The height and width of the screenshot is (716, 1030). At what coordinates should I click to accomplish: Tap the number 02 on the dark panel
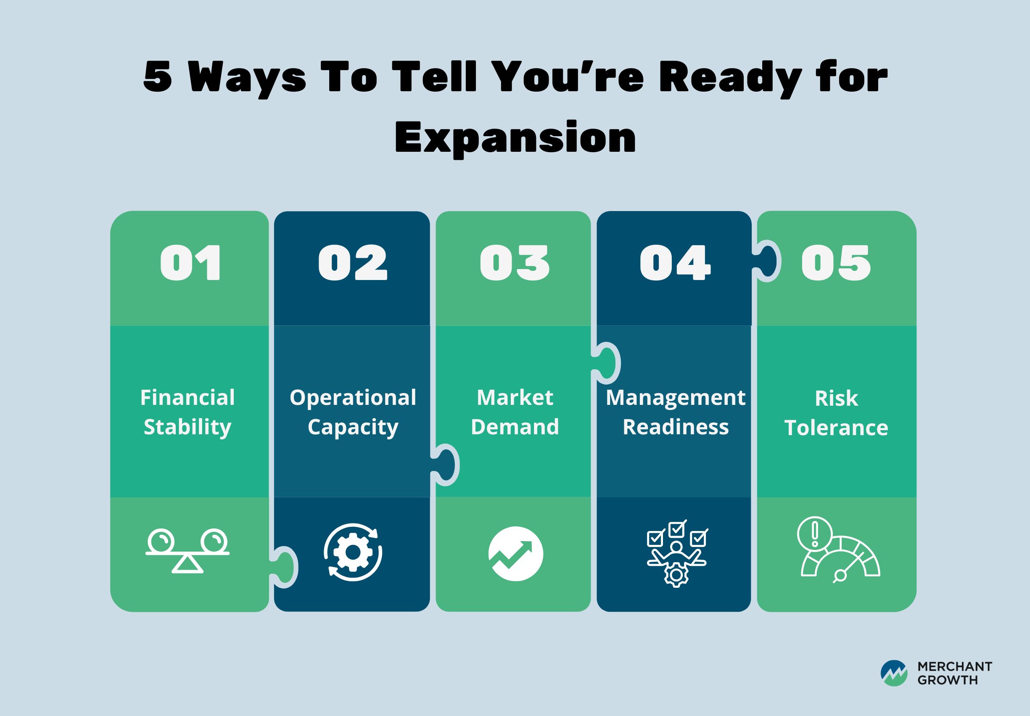pyautogui.click(x=353, y=263)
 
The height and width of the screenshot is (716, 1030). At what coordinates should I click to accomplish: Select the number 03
pyautogui.click(x=515, y=263)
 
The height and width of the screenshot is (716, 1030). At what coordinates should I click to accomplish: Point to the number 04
pyautogui.click(x=675, y=263)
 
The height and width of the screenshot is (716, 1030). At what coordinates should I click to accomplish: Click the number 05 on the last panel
pyautogui.click(x=836, y=263)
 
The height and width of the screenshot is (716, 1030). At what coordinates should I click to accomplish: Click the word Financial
pyautogui.click(x=188, y=397)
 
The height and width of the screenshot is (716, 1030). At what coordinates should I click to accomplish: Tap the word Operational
pyautogui.click(x=353, y=398)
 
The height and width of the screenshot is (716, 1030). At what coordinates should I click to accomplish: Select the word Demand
pyautogui.click(x=515, y=427)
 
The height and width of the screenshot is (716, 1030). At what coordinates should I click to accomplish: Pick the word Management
pyautogui.click(x=676, y=398)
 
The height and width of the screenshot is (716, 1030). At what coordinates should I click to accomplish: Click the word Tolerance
pyautogui.click(x=836, y=428)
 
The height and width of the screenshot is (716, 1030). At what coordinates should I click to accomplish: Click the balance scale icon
pyautogui.click(x=188, y=551)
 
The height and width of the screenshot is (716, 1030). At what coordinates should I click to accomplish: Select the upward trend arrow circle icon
pyautogui.click(x=515, y=554)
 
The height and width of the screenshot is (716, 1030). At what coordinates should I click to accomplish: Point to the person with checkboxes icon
pyautogui.click(x=677, y=554)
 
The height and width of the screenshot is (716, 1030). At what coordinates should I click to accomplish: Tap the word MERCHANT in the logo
pyautogui.click(x=955, y=667)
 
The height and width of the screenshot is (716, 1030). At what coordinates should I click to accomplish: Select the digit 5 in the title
pyautogui.click(x=158, y=76)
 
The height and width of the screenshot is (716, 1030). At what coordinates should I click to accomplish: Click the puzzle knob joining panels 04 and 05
pyautogui.click(x=768, y=261)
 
